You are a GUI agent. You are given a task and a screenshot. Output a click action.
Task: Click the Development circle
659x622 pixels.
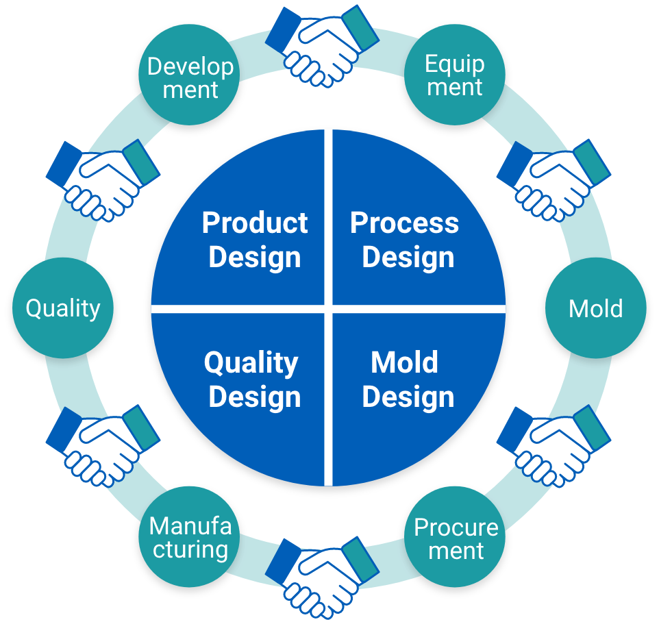coord(190,76)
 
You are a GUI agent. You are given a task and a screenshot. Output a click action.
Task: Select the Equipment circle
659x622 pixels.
coord(454,75)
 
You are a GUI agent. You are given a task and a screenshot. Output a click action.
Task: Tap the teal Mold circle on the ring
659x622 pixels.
coord(595,308)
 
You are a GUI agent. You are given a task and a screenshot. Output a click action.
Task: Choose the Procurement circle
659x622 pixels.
coord(456,538)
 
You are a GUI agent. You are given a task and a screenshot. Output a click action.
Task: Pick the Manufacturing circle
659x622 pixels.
coord(190,537)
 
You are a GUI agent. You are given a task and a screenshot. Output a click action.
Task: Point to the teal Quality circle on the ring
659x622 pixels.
coord(63,308)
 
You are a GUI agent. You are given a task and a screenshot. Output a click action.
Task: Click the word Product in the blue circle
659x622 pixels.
coord(255,223)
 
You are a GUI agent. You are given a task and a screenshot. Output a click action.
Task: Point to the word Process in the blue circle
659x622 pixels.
coord(404,223)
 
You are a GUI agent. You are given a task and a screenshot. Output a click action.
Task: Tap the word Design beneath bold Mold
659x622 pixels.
coord(408,397)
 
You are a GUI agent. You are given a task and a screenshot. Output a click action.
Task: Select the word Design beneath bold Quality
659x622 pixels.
coord(254,397)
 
